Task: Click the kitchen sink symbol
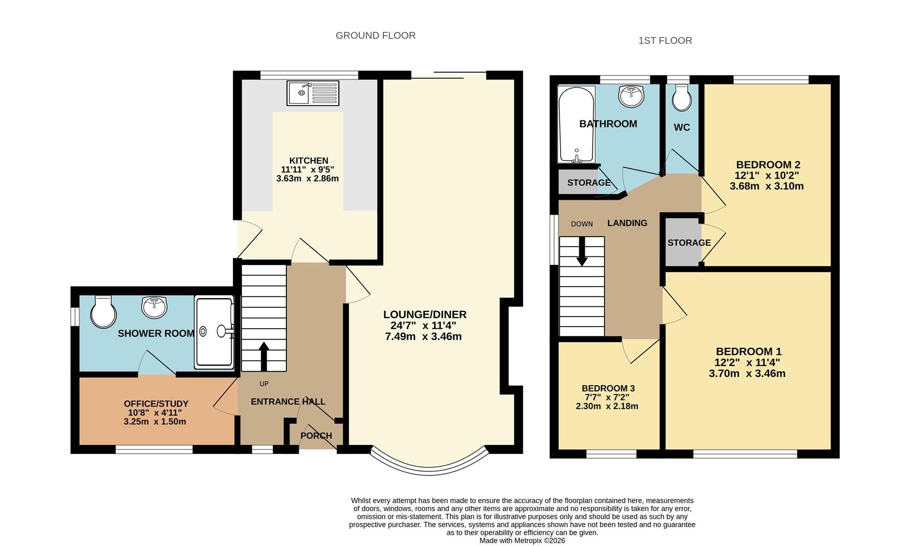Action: (x=313, y=93)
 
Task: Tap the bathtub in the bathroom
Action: (x=576, y=124)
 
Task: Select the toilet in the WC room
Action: (x=682, y=97)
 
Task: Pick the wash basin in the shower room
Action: (x=155, y=307)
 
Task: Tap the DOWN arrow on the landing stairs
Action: (x=582, y=251)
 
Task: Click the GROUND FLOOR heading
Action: (x=376, y=35)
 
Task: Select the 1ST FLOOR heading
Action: (x=665, y=40)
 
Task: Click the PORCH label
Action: (x=316, y=436)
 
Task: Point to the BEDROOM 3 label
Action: (x=608, y=388)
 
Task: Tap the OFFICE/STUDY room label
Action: (x=156, y=403)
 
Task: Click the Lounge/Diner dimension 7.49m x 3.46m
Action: (x=423, y=337)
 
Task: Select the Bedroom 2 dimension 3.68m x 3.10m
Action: (x=767, y=186)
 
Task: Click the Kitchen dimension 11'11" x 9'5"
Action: (x=308, y=170)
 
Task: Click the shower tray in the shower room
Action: (x=215, y=332)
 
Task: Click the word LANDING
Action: (x=627, y=223)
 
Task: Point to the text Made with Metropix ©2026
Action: (x=522, y=540)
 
